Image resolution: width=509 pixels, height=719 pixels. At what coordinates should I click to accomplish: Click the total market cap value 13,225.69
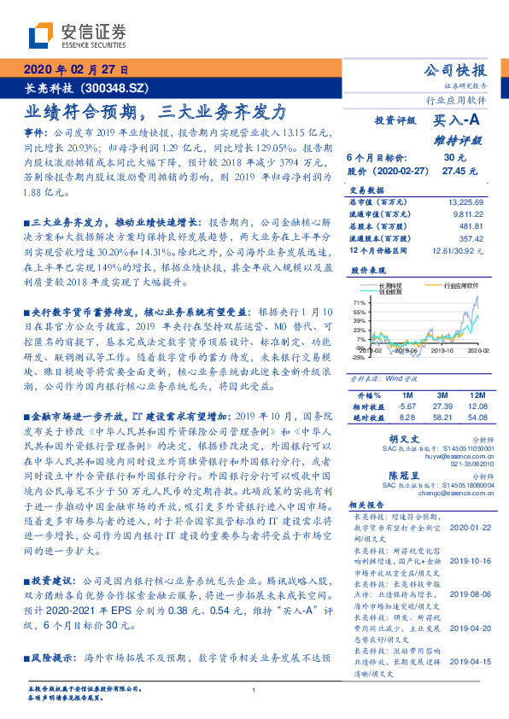[465, 202]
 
